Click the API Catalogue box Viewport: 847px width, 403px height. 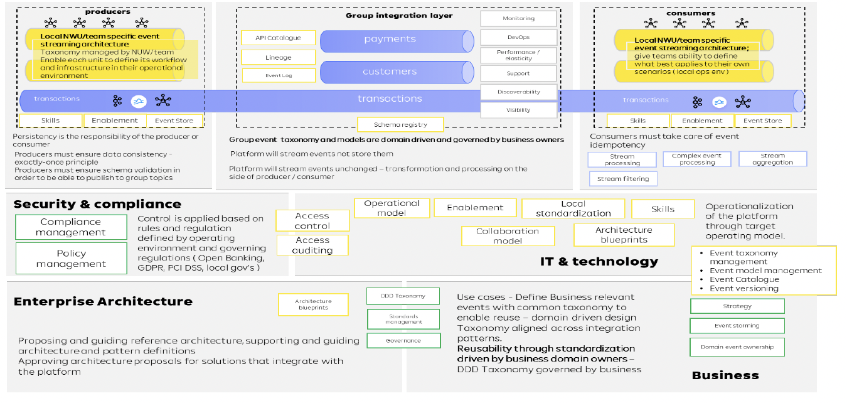278,38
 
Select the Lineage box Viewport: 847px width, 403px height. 278,57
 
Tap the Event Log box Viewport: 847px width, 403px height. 278,75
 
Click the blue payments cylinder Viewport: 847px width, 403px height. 390,40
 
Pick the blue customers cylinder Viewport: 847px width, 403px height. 390,72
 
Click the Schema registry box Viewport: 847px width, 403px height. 400,125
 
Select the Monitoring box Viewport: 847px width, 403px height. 518,19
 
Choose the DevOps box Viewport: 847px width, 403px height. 518,37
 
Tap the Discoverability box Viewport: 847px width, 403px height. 518,92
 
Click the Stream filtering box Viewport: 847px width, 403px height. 622,179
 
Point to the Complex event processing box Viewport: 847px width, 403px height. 696,159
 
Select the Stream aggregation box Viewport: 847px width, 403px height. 772,159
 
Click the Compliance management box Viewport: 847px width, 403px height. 70,227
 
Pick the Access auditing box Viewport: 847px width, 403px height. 312,245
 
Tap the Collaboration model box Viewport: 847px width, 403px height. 508,235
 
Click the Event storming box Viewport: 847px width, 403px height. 737,326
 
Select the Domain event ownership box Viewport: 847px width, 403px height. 737,347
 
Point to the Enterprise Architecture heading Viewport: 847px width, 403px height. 103,302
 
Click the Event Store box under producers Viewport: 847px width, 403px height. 174,121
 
